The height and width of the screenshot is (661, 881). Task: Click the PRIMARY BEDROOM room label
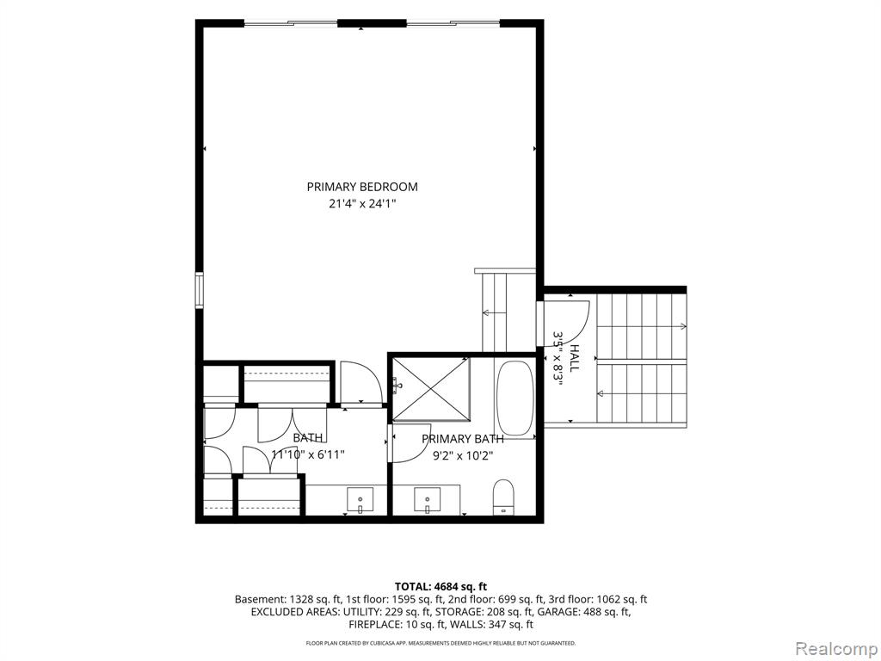362,187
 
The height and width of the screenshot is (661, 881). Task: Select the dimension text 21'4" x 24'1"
362,204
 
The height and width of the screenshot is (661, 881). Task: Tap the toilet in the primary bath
503,497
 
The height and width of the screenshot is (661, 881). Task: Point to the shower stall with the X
431,388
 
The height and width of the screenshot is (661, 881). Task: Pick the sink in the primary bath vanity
428,500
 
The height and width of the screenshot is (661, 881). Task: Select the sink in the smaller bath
360,500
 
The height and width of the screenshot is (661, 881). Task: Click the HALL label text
575,358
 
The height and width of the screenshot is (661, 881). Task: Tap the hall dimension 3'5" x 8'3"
558,356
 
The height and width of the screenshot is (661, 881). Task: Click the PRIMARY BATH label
462,438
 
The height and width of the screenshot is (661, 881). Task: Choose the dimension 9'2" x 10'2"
462,456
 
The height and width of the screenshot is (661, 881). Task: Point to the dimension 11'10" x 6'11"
308,454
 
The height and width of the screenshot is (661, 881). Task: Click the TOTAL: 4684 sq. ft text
440,587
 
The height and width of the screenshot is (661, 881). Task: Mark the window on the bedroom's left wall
199,290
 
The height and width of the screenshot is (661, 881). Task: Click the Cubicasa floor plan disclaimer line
440,642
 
